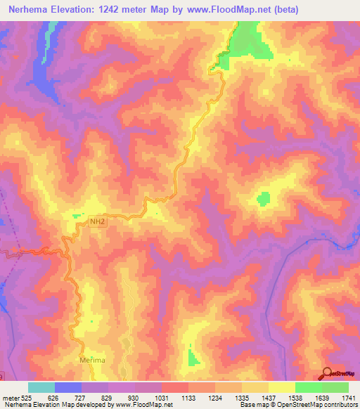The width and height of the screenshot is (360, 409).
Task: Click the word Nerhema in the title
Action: pyautogui.click(x=34, y=10)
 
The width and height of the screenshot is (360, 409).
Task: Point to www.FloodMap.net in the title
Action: pyautogui.click(x=221, y=10)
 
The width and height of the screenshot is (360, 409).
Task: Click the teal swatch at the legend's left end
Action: pyautogui.click(x=41, y=387)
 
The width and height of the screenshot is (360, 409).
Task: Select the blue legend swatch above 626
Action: pyautogui.click(x=68, y=387)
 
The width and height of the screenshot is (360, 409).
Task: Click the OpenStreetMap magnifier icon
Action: pyautogui.click(x=327, y=374)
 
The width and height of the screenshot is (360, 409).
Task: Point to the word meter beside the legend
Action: pyautogui.click(x=11, y=397)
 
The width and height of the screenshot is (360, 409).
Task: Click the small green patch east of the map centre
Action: pyautogui.click(x=264, y=199)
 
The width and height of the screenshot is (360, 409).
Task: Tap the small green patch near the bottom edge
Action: pyautogui.click(x=193, y=358)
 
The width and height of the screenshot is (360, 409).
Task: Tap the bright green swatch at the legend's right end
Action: pyautogui.click(x=335, y=387)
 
